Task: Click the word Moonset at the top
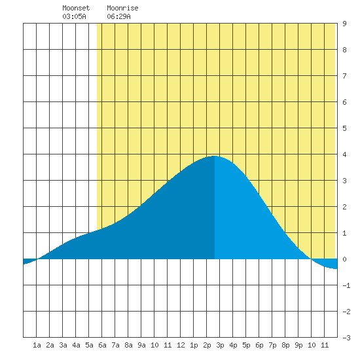(x=76, y=8)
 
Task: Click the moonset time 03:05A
(x=74, y=16)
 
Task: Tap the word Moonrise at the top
(x=122, y=8)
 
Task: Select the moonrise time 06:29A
(x=118, y=16)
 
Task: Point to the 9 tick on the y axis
(x=344, y=24)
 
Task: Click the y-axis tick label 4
(x=344, y=154)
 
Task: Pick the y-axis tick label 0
(x=344, y=259)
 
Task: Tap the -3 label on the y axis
(x=346, y=338)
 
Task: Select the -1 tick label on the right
(x=346, y=285)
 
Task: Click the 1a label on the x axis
(x=37, y=345)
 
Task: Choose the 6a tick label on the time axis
(x=102, y=345)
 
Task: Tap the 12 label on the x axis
(x=181, y=345)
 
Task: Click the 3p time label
(x=220, y=345)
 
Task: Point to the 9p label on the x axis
(x=298, y=345)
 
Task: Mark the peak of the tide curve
(x=214, y=156)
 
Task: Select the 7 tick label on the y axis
(x=344, y=76)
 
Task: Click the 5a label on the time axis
(x=89, y=345)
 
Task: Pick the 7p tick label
(x=272, y=345)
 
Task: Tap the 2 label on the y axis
(x=344, y=207)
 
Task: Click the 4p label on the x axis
(x=233, y=345)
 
